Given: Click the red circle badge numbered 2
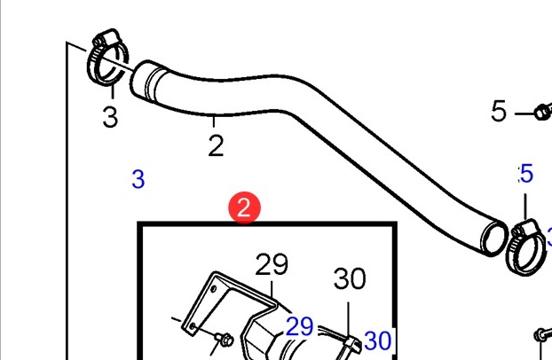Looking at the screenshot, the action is pyautogui.click(x=244, y=207).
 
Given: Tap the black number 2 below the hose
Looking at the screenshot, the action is pyautogui.click(x=216, y=145).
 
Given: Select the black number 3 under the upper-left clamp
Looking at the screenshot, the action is pyautogui.click(x=110, y=117).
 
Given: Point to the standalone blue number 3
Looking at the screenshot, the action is pyautogui.click(x=138, y=179).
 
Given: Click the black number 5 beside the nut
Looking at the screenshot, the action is pyautogui.click(x=499, y=111).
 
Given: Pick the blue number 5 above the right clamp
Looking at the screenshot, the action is pyautogui.click(x=526, y=173).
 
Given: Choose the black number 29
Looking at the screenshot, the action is pyautogui.click(x=272, y=264).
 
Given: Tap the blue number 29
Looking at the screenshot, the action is pyautogui.click(x=300, y=326).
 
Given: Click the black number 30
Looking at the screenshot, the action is pyautogui.click(x=350, y=278).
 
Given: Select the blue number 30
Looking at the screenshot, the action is pyautogui.click(x=378, y=340).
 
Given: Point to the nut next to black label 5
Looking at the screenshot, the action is pyautogui.click(x=542, y=113).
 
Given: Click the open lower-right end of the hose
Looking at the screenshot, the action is pyautogui.click(x=494, y=238).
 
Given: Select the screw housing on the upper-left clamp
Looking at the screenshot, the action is pyautogui.click(x=106, y=37).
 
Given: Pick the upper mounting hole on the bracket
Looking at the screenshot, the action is pyautogui.click(x=213, y=289).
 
